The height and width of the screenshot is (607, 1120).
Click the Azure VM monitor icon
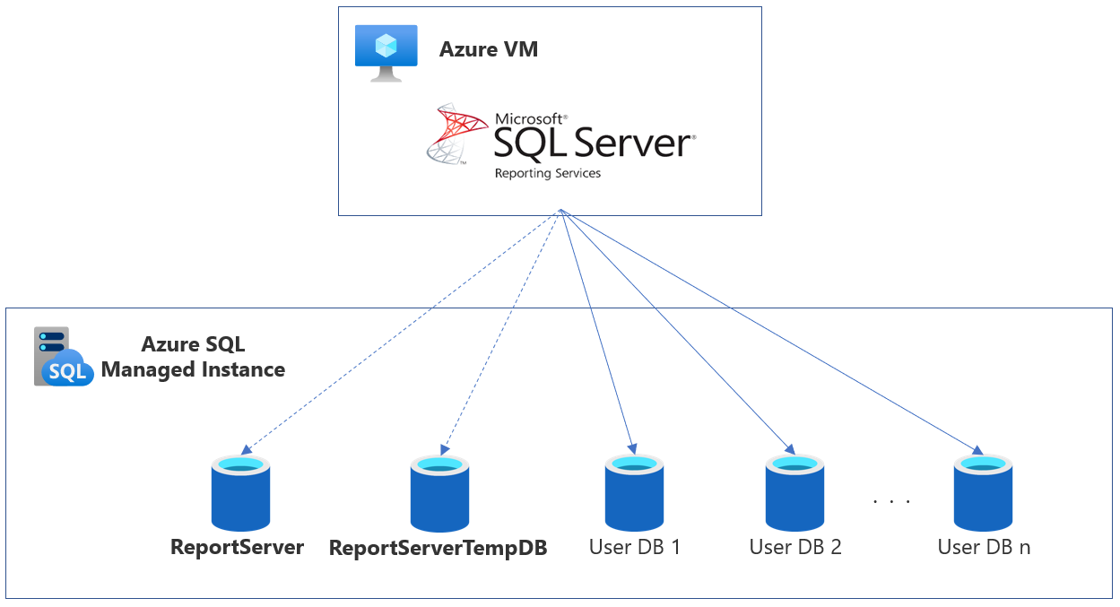pos(386,52)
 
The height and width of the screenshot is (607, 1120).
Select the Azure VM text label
pos(489,48)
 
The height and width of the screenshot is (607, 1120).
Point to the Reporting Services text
pos(547,173)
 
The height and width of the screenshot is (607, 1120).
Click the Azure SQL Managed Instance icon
pos(63,357)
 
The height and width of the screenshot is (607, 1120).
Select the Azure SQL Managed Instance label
pos(193,357)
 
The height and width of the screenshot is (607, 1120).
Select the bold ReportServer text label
pos(238,547)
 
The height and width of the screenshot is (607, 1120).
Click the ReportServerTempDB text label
pos(438,548)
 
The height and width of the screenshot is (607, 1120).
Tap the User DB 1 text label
pos(635,547)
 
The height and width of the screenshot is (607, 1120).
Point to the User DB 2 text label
pos(795,547)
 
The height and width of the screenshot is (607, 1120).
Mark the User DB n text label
pos(984,547)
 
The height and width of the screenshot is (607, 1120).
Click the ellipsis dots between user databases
pos(891,501)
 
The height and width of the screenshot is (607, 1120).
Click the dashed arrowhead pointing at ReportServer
pos(246,450)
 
